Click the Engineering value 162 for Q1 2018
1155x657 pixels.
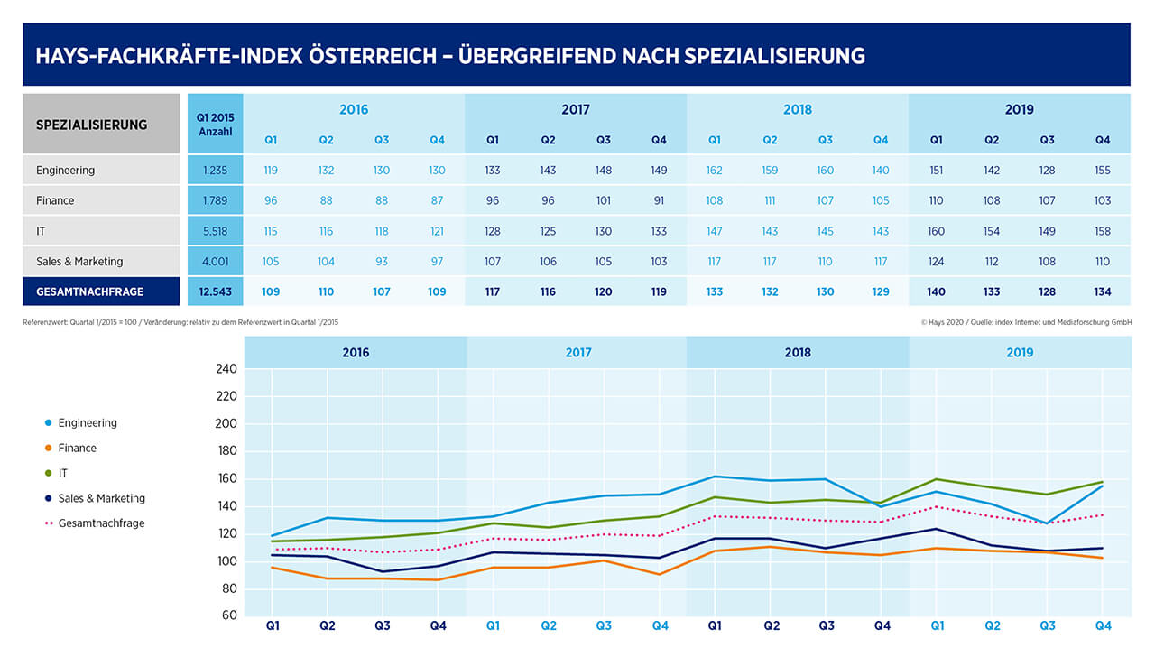[x=714, y=171]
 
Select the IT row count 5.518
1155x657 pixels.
[x=215, y=231]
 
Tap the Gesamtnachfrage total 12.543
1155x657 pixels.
[x=215, y=291]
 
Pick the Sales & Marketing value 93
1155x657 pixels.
[x=382, y=262]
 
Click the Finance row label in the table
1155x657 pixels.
[x=55, y=200]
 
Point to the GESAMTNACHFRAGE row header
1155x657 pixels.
[x=89, y=291]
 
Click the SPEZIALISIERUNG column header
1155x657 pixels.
[x=92, y=125]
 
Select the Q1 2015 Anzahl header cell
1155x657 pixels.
[x=215, y=125]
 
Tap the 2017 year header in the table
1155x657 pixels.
[x=576, y=109]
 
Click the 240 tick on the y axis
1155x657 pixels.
[x=226, y=369]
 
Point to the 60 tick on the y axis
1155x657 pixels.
[x=229, y=615]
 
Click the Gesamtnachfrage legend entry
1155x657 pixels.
[x=95, y=523]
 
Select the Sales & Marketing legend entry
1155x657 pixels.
[x=95, y=498]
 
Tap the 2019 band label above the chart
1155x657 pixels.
[x=1020, y=353]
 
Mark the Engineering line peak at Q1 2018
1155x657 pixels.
[x=715, y=477]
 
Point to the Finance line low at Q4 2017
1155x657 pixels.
[x=659, y=574]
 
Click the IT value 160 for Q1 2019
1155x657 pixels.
[x=936, y=231]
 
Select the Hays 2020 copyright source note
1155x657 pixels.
[x=1027, y=322]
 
